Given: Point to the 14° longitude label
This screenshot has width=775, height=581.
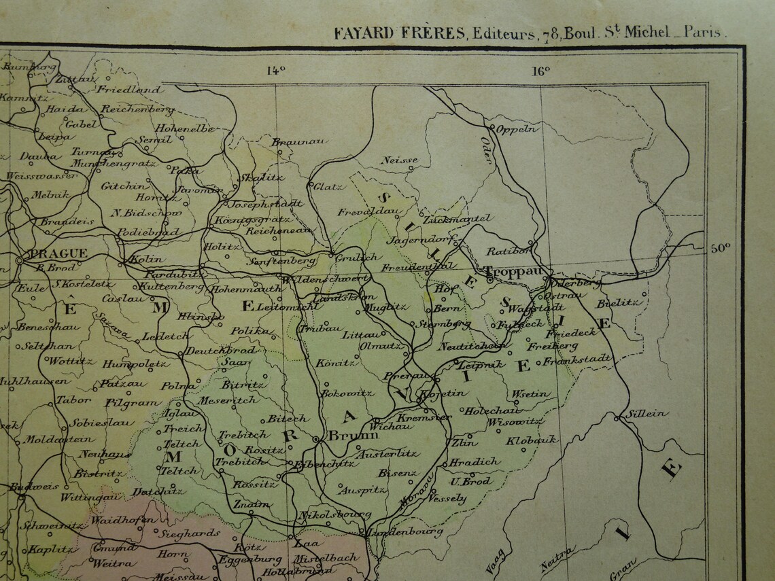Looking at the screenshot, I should [275, 69].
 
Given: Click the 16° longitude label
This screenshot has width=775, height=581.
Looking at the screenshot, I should [541, 69].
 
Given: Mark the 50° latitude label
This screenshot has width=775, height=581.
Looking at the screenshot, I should [721, 248].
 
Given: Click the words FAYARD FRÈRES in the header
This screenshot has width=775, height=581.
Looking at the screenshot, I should [399, 33].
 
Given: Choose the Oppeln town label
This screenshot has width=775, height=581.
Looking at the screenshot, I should [517, 129].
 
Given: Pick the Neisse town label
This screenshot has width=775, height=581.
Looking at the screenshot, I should [399, 160].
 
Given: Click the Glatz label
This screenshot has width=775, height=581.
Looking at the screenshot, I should [328, 186].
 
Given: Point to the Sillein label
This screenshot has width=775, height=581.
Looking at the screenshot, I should [647, 413].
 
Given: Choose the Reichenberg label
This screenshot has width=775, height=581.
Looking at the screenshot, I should [137, 109].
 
